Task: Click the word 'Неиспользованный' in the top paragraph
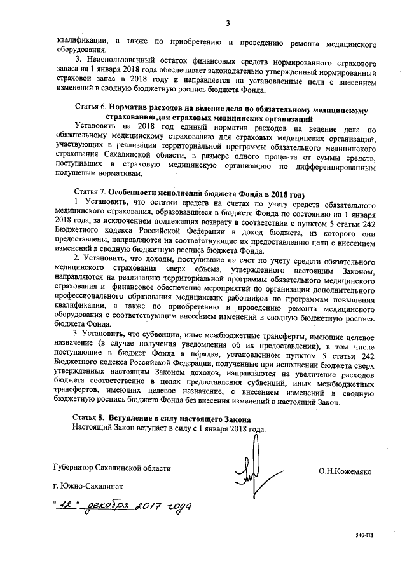(118, 59)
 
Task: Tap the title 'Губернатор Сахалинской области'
(113, 468)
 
